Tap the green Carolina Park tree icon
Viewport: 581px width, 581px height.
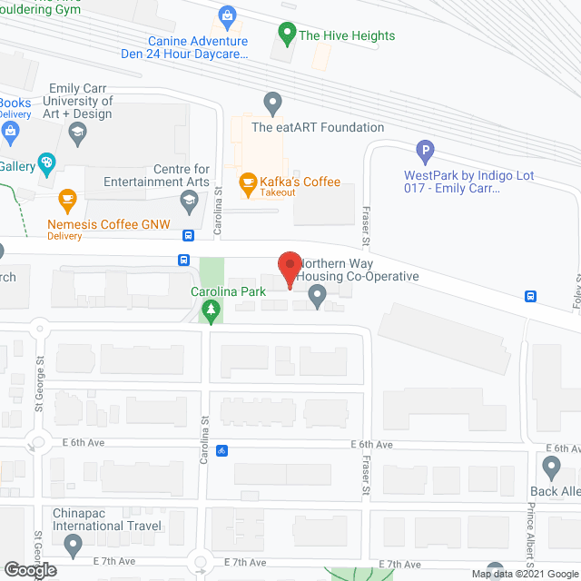click(x=211, y=312)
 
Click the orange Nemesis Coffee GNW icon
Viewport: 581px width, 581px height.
click(x=66, y=198)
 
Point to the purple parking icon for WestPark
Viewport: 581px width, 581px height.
click(x=424, y=152)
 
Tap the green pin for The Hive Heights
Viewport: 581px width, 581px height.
click(x=286, y=35)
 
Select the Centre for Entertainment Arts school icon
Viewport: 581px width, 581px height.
click(x=189, y=204)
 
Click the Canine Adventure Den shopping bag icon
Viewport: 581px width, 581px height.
click(x=227, y=16)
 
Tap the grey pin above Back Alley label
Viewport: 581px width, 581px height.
click(x=551, y=468)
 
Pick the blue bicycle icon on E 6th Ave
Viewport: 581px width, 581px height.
click(x=221, y=450)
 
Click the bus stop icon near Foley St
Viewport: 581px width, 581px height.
click(x=530, y=296)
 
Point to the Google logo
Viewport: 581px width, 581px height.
click(x=29, y=570)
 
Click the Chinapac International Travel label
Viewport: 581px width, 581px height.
click(x=107, y=519)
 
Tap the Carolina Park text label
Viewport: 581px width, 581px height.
click(x=228, y=292)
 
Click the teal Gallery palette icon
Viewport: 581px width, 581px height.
click(x=45, y=164)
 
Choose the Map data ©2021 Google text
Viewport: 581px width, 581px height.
click(x=524, y=574)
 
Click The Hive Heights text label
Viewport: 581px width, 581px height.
click(x=347, y=35)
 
